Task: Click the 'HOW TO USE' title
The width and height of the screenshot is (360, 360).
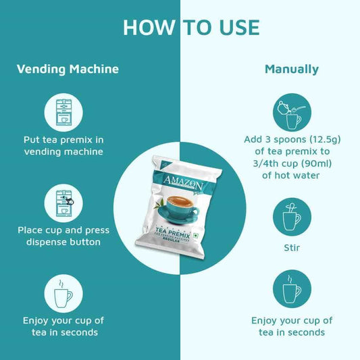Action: [x=191, y=27]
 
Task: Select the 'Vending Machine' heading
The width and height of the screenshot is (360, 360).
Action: [x=68, y=69]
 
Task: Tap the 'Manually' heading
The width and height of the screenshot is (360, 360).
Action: [x=292, y=69]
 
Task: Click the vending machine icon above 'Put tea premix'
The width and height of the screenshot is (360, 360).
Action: [x=63, y=111]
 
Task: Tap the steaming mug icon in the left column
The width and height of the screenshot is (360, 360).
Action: [x=63, y=293]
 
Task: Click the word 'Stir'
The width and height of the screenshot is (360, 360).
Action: [x=292, y=247]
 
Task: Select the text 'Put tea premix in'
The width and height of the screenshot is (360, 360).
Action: [x=63, y=139]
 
